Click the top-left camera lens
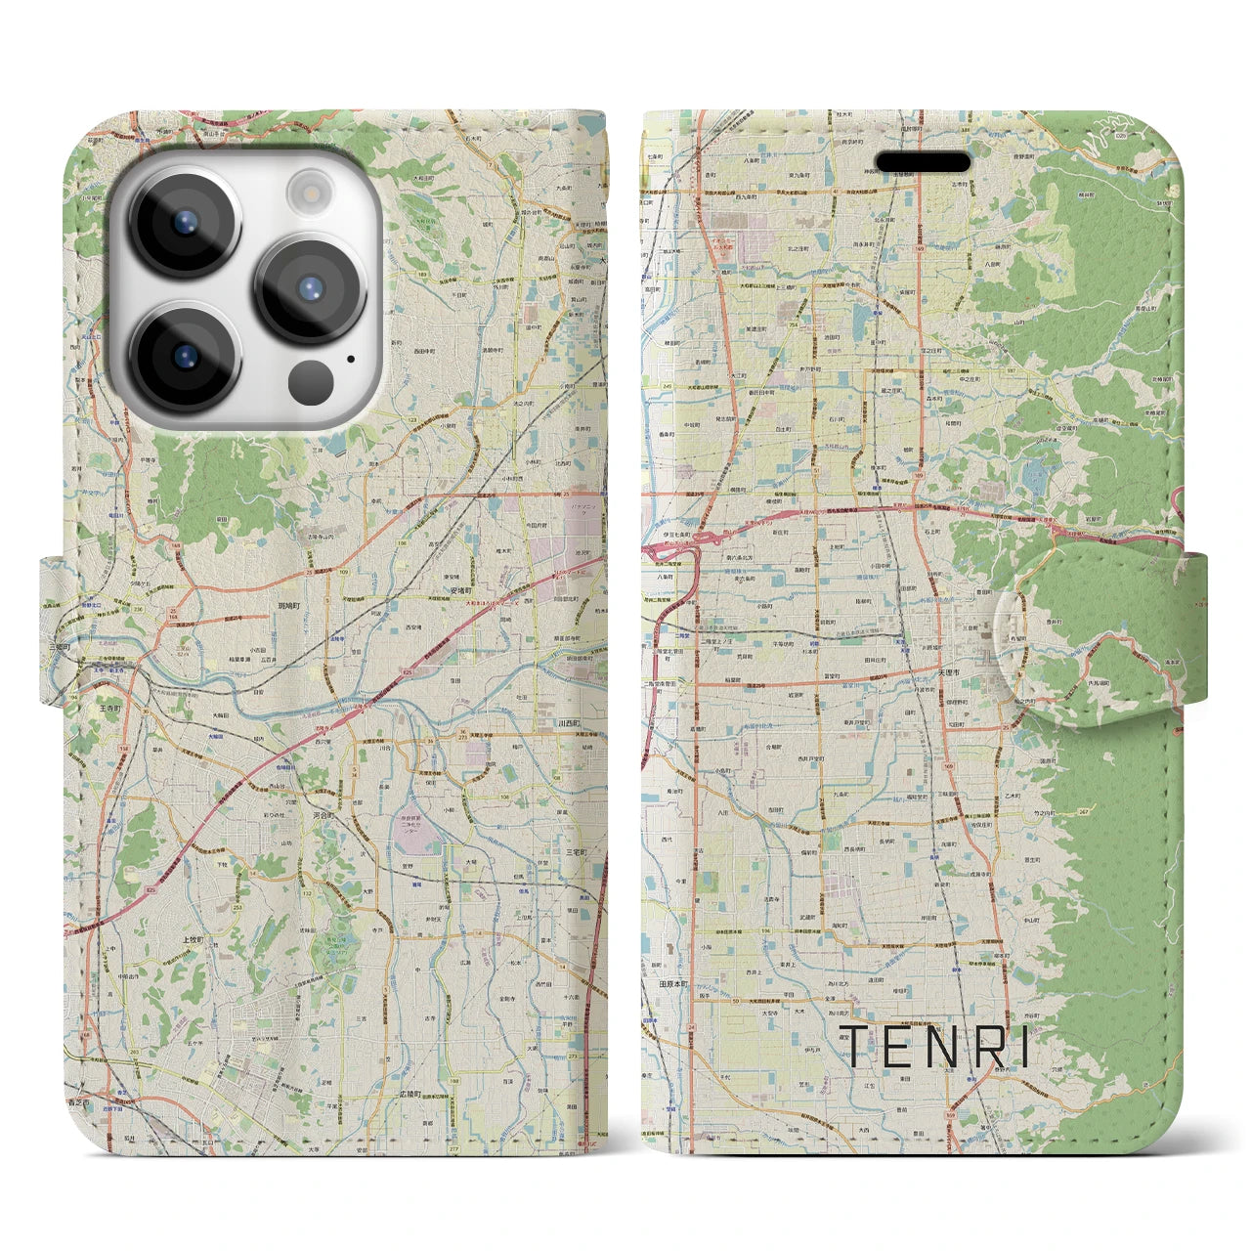click(x=185, y=221)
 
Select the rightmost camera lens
click(x=310, y=288)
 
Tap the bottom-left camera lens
click(x=185, y=357)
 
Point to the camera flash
click(x=311, y=190)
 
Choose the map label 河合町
click(x=324, y=814)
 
